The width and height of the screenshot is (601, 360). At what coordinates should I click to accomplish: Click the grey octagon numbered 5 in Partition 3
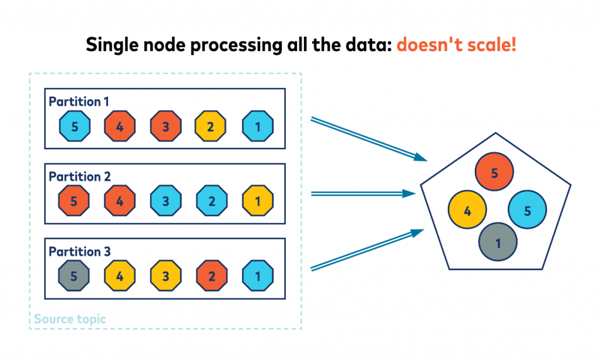[74, 275]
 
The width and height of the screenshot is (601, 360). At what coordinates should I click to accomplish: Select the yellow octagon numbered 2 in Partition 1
[211, 126]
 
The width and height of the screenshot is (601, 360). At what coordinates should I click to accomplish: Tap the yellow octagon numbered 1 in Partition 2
[258, 200]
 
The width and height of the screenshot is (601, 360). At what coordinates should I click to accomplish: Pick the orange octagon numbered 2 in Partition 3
[212, 275]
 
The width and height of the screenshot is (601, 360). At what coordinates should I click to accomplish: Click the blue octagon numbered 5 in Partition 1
[75, 126]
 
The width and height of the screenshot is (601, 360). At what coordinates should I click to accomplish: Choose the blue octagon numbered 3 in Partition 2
[166, 200]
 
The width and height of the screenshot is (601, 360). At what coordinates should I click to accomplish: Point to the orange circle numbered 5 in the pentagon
[494, 171]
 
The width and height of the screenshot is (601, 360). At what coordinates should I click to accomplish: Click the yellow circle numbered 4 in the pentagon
[467, 210]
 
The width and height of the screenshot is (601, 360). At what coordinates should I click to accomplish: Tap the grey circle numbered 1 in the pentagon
[498, 242]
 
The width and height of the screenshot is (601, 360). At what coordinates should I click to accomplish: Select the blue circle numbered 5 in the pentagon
[528, 210]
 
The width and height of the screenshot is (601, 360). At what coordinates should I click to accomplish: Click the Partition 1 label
[79, 102]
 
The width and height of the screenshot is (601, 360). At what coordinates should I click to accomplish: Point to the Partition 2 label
[80, 176]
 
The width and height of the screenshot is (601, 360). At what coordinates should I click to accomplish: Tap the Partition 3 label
[80, 251]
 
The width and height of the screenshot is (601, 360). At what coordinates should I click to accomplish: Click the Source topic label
[70, 319]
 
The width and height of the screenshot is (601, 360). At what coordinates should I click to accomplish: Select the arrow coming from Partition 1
[369, 139]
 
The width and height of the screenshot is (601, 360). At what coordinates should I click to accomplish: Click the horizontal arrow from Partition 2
[363, 194]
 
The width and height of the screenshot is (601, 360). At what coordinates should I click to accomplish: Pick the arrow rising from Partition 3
[367, 250]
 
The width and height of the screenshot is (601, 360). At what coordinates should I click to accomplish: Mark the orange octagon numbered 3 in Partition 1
[166, 126]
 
